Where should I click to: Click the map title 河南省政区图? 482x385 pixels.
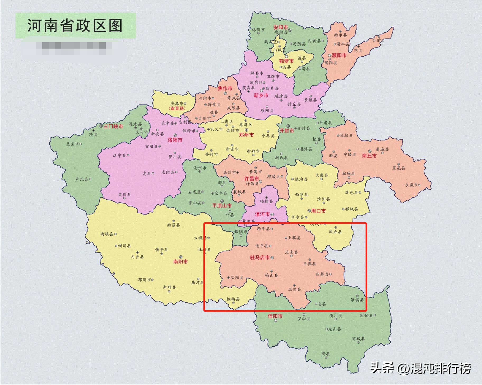(75, 26)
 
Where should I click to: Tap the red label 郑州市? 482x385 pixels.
(246, 135)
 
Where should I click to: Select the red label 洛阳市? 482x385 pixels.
(175, 140)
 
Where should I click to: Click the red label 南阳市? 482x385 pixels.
(180, 261)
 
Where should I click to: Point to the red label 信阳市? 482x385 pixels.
(275, 316)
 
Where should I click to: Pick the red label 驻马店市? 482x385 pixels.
(260, 257)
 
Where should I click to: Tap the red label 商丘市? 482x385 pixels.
(369, 156)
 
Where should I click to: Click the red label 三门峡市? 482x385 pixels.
(113, 126)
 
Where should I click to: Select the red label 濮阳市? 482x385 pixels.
(339, 55)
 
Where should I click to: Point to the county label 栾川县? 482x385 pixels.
(124, 195)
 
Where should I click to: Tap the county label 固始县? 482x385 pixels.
(366, 316)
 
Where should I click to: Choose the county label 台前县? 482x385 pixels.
(378, 41)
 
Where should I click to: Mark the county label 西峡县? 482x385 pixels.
(107, 234)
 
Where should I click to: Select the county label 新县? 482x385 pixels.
(326, 354)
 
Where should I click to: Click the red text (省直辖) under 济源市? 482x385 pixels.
(177, 108)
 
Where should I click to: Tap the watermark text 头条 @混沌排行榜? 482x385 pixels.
(420, 368)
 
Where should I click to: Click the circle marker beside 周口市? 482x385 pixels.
(309, 211)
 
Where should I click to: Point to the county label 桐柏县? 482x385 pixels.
(233, 299)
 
